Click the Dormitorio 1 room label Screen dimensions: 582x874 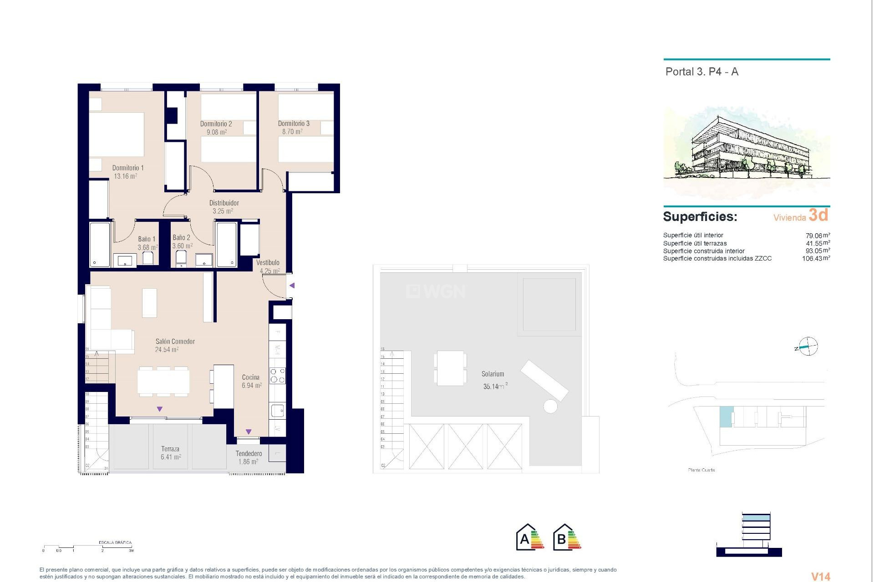click(x=128, y=168)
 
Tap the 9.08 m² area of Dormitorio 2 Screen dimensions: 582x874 click(x=217, y=132)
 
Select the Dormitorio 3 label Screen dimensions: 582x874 click(x=294, y=124)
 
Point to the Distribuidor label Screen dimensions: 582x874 click(x=224, y=203)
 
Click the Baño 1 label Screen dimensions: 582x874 click(x=147, y=239)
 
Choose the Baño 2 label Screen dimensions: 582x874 click(x=181, y=237)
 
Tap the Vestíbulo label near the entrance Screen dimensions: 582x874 click(x=268, y=263)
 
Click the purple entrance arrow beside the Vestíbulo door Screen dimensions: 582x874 click(x=292, y=286)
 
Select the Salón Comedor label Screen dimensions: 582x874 click(x=175, y=341)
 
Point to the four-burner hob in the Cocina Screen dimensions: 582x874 click(x=278, y=376)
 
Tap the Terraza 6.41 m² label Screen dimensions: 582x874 click(x=170, y=453)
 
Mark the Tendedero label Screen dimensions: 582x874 click(x=249, y=454)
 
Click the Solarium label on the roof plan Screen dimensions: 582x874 click(x=493, y=374)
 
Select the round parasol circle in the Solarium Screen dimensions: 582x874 click(x=550, y=406)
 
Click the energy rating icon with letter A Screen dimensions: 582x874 click(x=530, y=538)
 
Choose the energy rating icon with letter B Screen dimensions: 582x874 click(x=567, y=538)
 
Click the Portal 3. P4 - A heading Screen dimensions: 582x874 click(x=701, y=72)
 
